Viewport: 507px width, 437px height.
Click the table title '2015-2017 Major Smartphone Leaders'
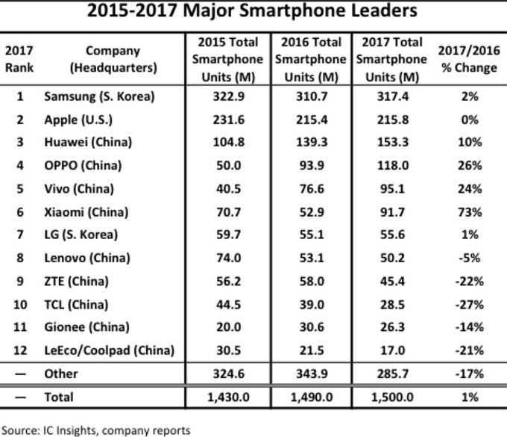[x=253, y=13]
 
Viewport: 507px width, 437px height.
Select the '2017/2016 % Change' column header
[x=467, y=60]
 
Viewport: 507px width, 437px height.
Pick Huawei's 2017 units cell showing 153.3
[x=392, y=142]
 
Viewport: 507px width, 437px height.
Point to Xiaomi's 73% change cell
[x=467, y=211]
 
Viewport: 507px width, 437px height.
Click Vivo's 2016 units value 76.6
[x=309, y=188]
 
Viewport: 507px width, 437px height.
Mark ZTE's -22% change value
[x=467, y=281]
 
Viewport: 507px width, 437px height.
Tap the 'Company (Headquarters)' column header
[x=113, y=60]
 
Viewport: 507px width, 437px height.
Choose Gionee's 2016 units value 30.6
[x=309, y=327]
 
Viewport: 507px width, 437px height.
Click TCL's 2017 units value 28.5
[x=392, y=304]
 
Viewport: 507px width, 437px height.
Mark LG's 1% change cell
[x=467, y=235]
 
